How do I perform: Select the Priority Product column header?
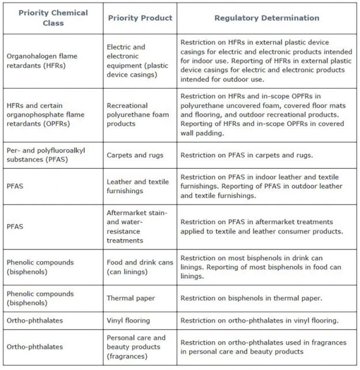point(140,18)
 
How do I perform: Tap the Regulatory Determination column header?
point(267,18)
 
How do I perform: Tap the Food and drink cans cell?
point(140,267)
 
